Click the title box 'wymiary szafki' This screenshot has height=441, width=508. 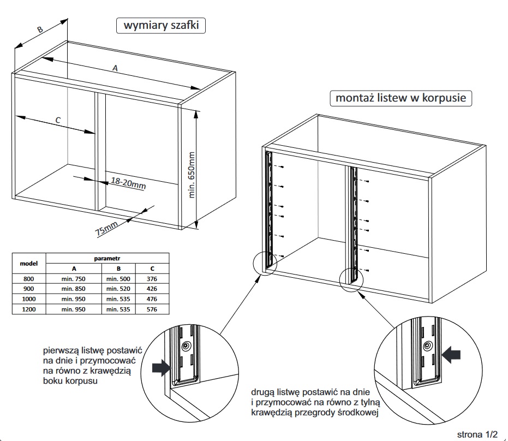click(x=161, y=26)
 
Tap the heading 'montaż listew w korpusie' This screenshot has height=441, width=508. click(x=401, y=98)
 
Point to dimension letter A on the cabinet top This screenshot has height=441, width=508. click(x=115, y=68)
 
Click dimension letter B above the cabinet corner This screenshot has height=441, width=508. click(x=39, y=31)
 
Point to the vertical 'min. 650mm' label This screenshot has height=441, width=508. click(x=191, y=175)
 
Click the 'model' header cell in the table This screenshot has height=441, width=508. click(x=28, y=263)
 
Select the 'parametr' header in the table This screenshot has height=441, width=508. click(x=107, y=257)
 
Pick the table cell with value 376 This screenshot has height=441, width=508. click(x=152, y=279)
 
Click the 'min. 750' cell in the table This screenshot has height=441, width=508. click(x=73, y=279)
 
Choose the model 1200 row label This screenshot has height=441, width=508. click(x=28, y=309)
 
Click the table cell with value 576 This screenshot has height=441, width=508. click(x=152, y=309)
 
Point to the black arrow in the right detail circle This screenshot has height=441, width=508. click(x=452, y=356)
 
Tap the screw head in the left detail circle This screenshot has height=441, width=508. click(x=187, y=345)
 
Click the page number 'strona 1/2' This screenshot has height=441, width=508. click(x=477, y=434)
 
